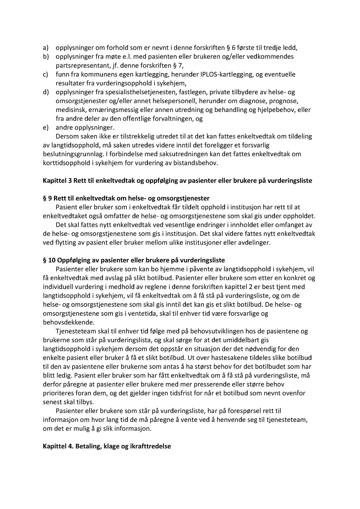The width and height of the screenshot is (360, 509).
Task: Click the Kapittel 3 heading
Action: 177,180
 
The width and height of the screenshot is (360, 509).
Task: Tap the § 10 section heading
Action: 134,260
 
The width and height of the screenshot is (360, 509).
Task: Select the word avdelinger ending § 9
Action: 255,242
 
